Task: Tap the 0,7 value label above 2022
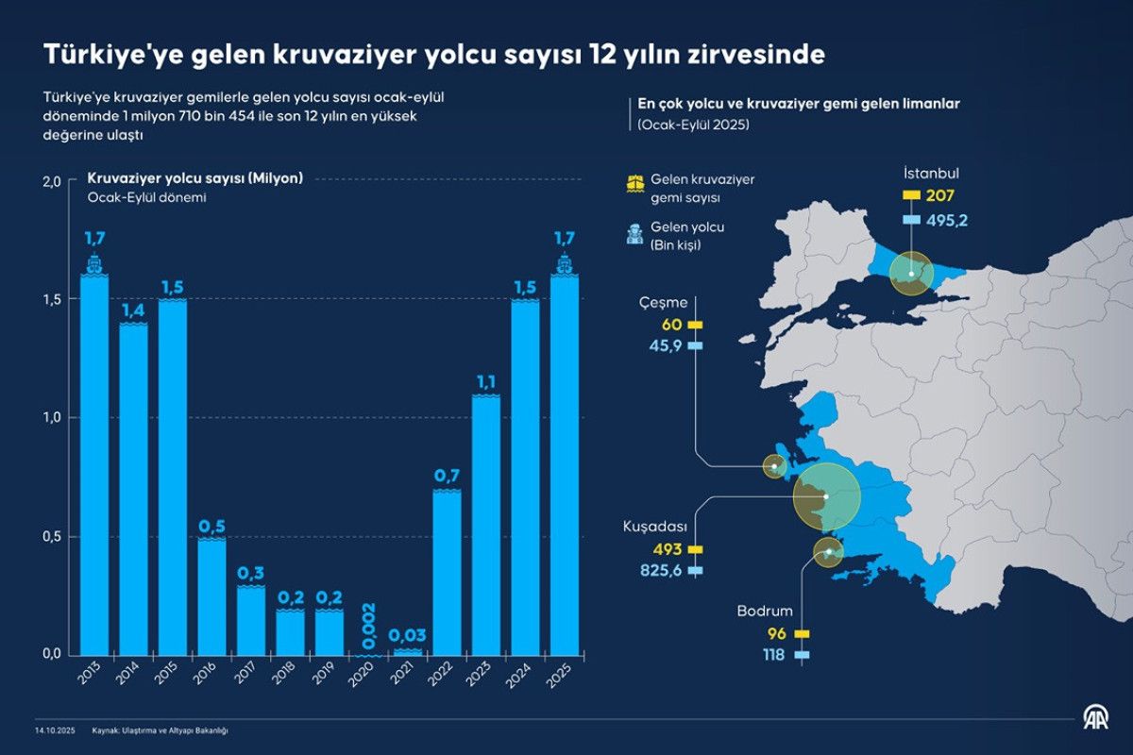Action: coord(447,476)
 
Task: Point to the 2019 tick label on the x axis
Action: coord(330,671)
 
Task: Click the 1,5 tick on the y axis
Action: coord(52,299)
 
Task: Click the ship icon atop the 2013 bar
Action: coord(93,264)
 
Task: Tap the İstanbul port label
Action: coord(931,175)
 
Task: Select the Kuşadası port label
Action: coord(654,526)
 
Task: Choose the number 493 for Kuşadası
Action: coord(667,549)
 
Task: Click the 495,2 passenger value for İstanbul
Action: coord(947,220)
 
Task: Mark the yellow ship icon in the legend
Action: coord(634,182)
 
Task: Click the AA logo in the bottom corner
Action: coord(1095,720)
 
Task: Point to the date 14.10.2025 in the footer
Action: coord(54,730)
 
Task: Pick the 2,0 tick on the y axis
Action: coord(52,180)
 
